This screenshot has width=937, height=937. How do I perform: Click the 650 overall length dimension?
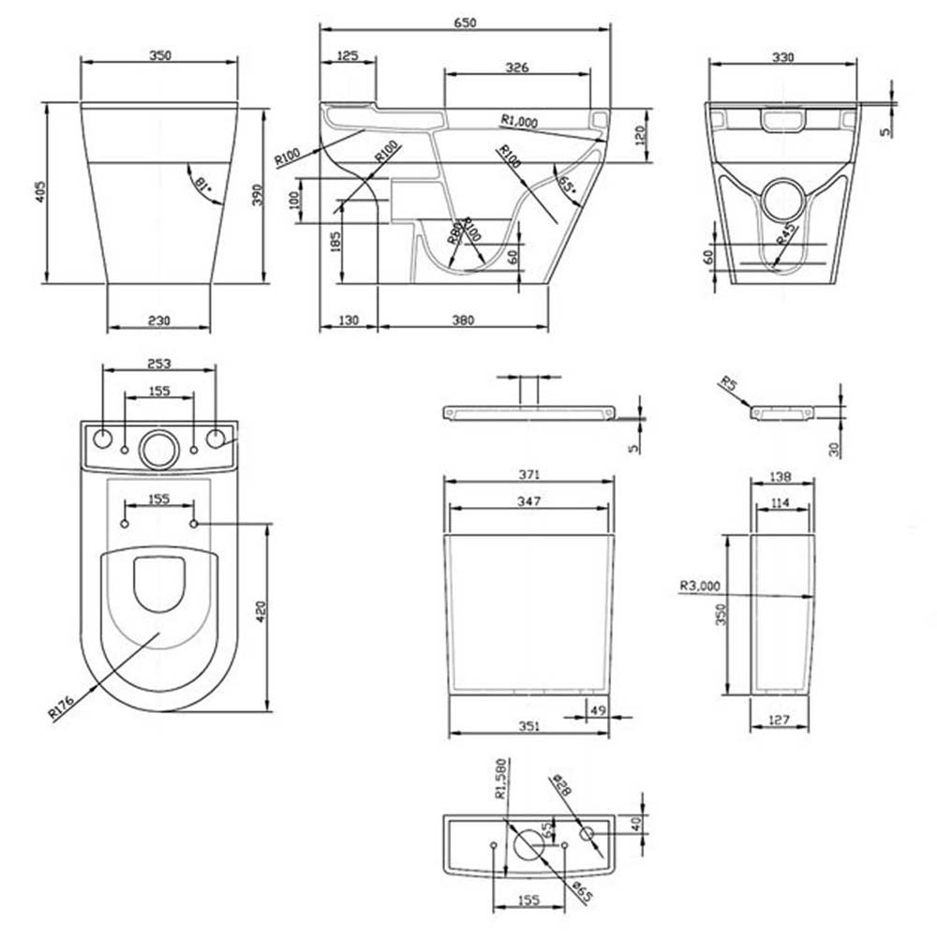(466, 22)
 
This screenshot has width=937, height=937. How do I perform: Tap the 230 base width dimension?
(159, 320)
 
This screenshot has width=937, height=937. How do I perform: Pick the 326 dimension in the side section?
(517, 67)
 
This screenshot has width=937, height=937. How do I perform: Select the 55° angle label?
(566, 184)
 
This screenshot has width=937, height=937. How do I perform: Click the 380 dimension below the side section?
(463, 320)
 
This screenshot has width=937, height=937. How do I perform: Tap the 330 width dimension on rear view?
(782, 57)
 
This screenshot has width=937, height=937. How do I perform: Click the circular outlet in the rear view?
(784, 198)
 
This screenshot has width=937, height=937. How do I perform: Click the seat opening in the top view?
(159, 582)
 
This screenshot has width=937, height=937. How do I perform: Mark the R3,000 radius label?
(700, 587)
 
